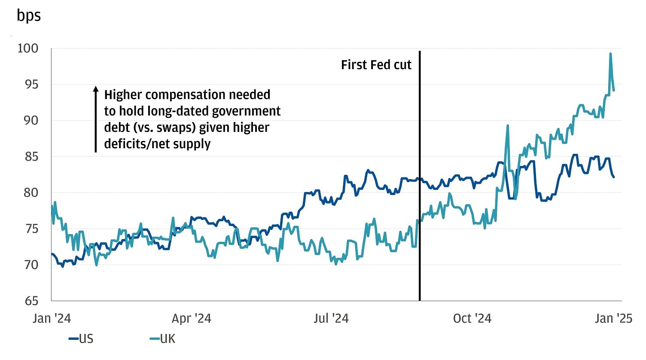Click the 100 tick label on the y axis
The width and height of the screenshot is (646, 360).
28,49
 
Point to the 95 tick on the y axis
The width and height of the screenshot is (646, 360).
30,85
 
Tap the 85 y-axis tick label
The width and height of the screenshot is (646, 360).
30,157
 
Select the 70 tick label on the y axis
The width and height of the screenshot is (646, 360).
30,265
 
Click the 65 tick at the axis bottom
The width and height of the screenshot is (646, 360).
30,301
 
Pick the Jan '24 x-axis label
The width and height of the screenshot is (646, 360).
52,318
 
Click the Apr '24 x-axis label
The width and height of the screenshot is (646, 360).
192,318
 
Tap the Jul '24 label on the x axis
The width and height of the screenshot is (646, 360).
331,318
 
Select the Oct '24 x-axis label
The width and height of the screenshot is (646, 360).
472,318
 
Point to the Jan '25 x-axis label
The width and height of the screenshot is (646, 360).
613,318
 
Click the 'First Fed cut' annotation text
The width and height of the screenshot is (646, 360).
376,65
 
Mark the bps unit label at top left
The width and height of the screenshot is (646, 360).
29,15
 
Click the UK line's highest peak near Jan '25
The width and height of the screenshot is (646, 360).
610,54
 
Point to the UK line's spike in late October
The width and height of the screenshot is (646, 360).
508,126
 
